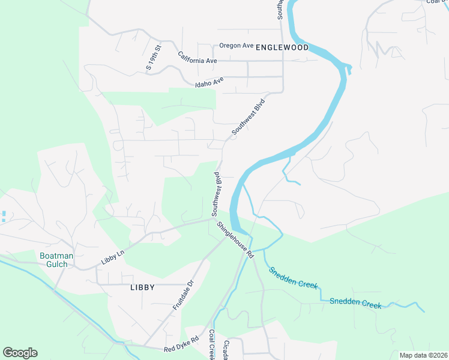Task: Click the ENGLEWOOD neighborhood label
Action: (x=282, y=47)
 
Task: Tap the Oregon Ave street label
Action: (x=236, y=46)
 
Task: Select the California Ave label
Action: (x=197, y=58)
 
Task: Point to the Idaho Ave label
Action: (x=209, y=81)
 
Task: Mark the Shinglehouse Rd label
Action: (x=235, y=240)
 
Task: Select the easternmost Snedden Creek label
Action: (x=355, y=302)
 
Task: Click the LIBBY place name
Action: (x=142, y=287)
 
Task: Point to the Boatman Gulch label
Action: (x=56, y=260)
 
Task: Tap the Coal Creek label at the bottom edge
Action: (x=212, y=344)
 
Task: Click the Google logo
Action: (x=20, y=353)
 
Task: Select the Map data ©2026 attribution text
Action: (x=423, y=355)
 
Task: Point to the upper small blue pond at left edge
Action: (x=3, y=213)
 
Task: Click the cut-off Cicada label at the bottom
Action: (x=225, y=351)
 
